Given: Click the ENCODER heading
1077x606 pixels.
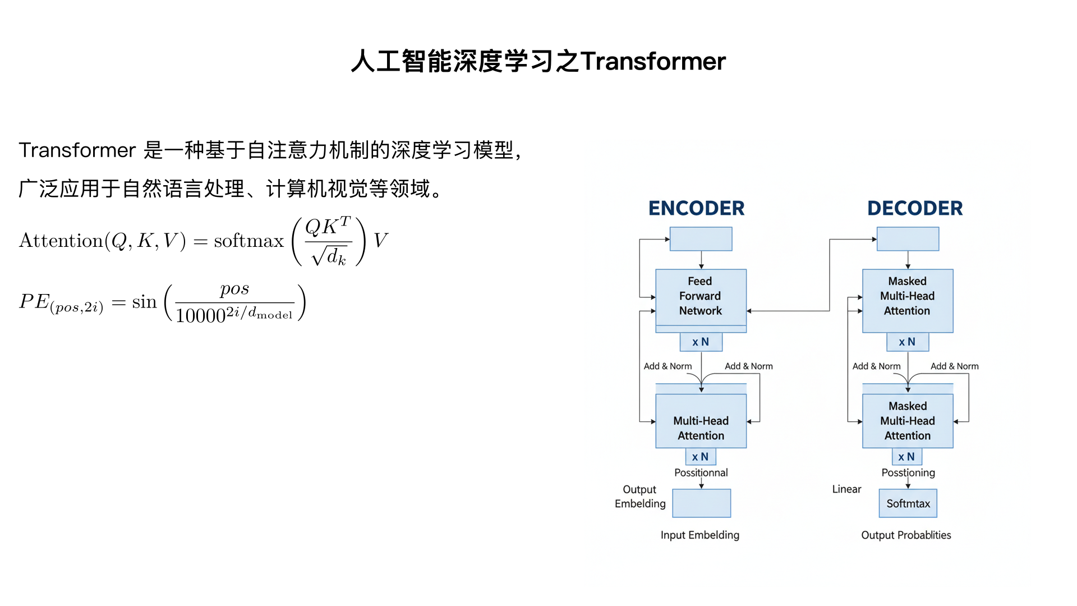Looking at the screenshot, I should pos(696,208).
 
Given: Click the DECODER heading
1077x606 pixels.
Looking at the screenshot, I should pos(915,208).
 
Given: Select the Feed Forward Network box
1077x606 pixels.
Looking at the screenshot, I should pos(701,296).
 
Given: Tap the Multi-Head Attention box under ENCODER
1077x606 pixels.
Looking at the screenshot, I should pos(701,428).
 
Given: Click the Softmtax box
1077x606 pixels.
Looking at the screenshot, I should pos(908,503).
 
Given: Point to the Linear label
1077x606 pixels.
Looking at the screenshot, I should pos(846,489).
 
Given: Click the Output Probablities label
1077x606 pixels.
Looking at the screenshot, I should pos(906,535).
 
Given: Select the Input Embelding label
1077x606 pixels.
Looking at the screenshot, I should pos(699,535).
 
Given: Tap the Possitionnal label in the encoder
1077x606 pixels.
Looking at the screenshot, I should pos(701,472).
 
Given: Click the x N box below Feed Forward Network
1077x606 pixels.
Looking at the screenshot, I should pos(701,342).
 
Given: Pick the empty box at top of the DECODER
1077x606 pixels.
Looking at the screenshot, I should pos(908,239).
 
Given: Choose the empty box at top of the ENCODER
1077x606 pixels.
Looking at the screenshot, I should pos(701,239).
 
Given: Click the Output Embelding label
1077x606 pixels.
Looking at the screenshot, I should pos(640,497).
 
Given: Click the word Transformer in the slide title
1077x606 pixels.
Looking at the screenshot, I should pos(653,61).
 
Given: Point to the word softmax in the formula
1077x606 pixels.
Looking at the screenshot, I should pos(249,241).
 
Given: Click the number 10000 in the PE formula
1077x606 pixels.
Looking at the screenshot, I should pos(200,316).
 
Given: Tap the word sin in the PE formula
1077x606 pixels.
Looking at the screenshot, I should pos(144,302).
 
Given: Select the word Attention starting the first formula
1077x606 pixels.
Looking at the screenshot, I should pos(61,241).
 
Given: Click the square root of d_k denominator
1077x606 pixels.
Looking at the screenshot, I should pos(329,256).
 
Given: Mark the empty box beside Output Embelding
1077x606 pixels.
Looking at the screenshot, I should pos(701,503).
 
